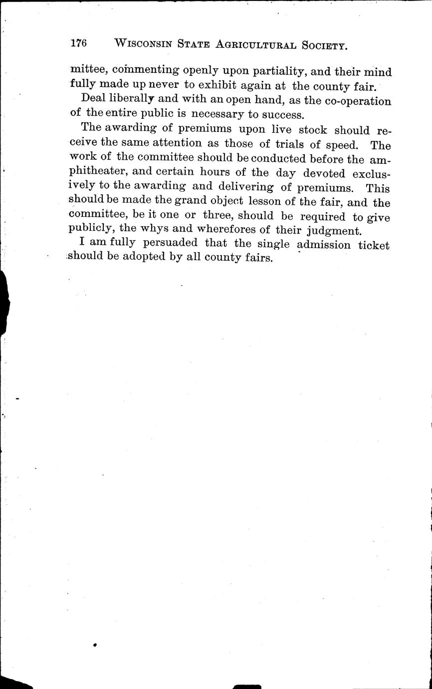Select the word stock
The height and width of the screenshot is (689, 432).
coord(313,130)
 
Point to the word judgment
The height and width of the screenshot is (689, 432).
coord(328,231)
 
